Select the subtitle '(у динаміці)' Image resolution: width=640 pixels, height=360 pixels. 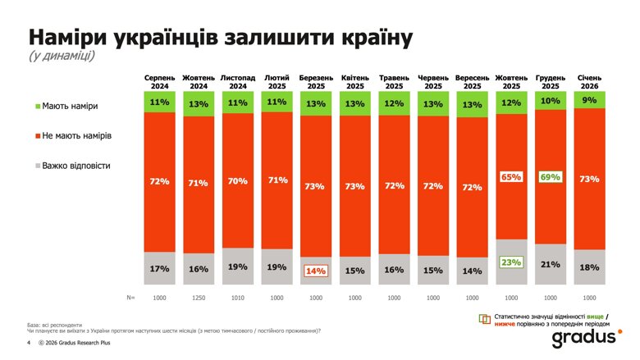pos(62,57)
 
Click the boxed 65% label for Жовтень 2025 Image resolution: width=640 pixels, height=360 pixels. pos(511,176)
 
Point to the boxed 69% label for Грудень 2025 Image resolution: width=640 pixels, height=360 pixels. pos(551,176)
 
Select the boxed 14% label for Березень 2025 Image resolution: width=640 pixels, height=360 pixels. pos(316,271)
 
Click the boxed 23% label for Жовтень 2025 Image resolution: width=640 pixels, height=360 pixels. pos(511,263)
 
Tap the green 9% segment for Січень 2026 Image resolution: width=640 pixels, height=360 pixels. pos(589,99)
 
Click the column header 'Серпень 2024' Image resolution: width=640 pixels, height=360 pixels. pos(159,81)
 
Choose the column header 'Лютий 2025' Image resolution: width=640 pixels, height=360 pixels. pos(277,81)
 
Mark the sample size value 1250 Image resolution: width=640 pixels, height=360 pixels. pos(198,298)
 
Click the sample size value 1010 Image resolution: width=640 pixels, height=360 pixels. pos(237,298)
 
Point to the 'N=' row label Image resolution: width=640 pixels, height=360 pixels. pos(130,298)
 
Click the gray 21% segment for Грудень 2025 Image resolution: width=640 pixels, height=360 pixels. pos(551,264)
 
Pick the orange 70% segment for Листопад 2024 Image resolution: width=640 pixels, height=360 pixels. pos(237,180)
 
